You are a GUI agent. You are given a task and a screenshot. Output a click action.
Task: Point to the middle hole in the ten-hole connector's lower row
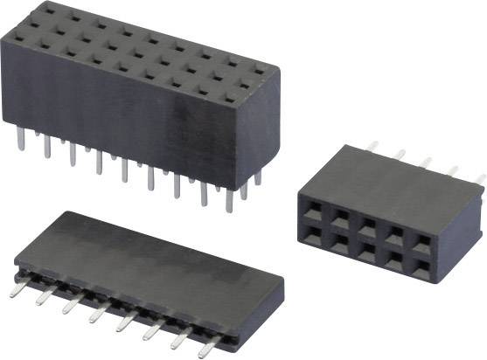(x=367, y=249)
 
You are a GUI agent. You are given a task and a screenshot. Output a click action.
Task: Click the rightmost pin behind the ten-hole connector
(x=478, y=180)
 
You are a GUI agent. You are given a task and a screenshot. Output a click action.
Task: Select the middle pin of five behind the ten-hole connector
(x=426, y=163)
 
